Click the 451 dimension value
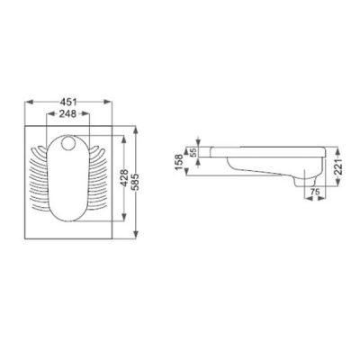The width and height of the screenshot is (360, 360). tap(68, 102)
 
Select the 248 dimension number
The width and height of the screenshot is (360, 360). tap(67, 113)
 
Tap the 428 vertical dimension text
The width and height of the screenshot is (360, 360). tap(124, 178)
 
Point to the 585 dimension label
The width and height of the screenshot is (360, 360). tap(136, 182)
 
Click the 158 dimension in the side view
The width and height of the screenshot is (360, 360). tap(179, 162)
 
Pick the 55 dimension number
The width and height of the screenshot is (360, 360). tap(193, 152)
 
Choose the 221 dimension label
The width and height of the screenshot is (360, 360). tap(337, 166)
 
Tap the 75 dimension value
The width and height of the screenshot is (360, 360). tap(315, 193)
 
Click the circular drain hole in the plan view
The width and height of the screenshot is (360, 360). tap(68, 143)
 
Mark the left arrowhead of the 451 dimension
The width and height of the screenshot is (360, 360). tap(29, 102)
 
